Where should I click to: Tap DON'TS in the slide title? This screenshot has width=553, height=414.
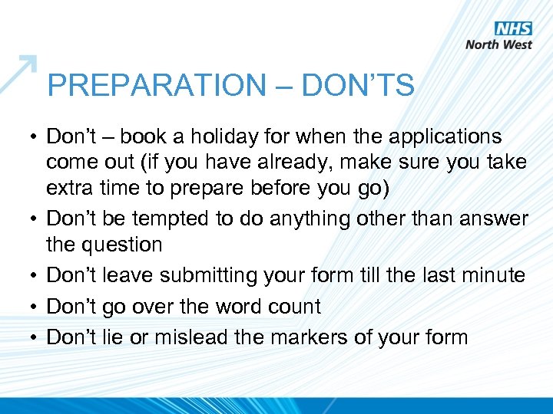coord(358,86)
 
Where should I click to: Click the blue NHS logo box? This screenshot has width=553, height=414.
coord(513,29)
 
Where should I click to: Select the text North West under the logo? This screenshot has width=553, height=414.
coord(498,44)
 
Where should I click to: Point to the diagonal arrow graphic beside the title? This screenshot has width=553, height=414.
coord(18,74)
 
